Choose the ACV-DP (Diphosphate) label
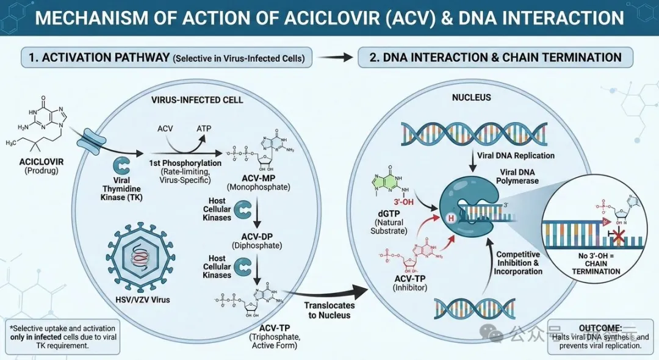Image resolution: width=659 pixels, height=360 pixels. pos(257,240)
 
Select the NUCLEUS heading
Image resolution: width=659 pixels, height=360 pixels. pos(471,98)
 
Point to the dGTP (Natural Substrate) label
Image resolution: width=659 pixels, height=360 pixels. pos(387,223)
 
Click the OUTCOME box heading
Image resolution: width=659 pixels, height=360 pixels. pos(602,327)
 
